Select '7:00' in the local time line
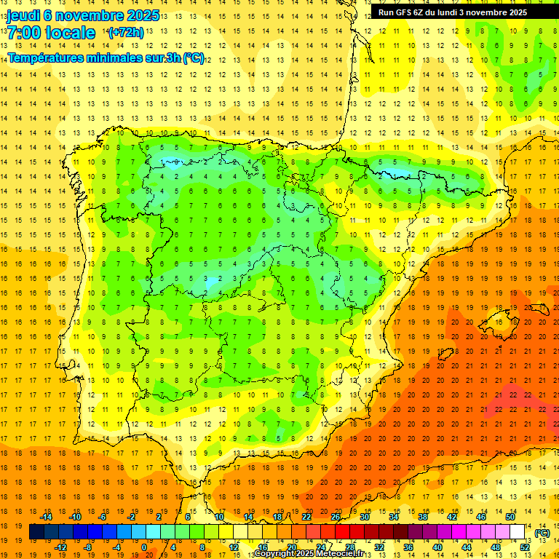(23, 33)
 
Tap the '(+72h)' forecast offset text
(126, 33)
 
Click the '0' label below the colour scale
(144, 547)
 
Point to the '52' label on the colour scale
(525, 547)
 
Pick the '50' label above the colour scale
(510, 517)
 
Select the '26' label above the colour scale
(336, 517)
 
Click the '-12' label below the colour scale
(60, 547)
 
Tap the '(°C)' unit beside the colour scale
(542, 533)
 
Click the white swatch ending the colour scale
(517, 532)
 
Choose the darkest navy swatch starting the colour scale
(36, 532)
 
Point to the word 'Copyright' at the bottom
(276, 555)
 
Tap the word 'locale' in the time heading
(70, 33)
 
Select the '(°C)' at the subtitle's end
(194, 58)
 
